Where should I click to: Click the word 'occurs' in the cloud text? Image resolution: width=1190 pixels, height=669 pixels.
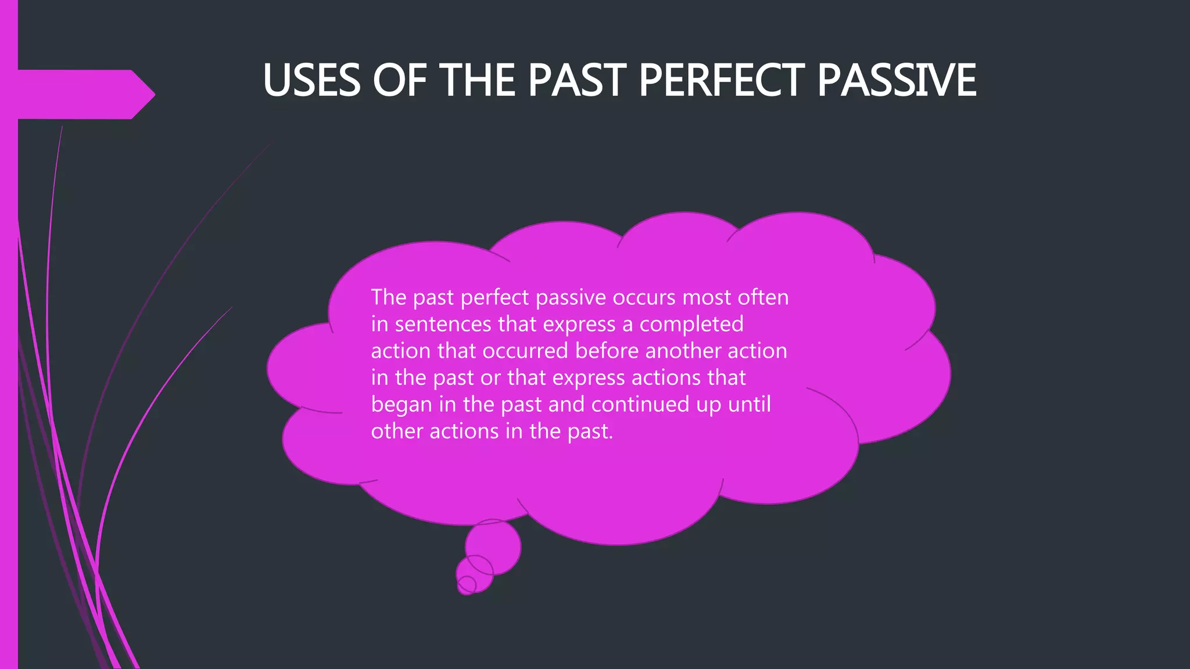[x=644, y=297]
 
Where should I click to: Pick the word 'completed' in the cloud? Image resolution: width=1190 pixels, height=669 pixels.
[x=691, y=324]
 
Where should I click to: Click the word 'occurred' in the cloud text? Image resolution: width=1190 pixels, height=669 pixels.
[x=525, y=351]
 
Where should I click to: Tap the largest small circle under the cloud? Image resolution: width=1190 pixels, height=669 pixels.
[x=493, y=547]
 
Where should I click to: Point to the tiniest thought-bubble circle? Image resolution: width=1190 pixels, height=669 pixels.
[x=467, y=585]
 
